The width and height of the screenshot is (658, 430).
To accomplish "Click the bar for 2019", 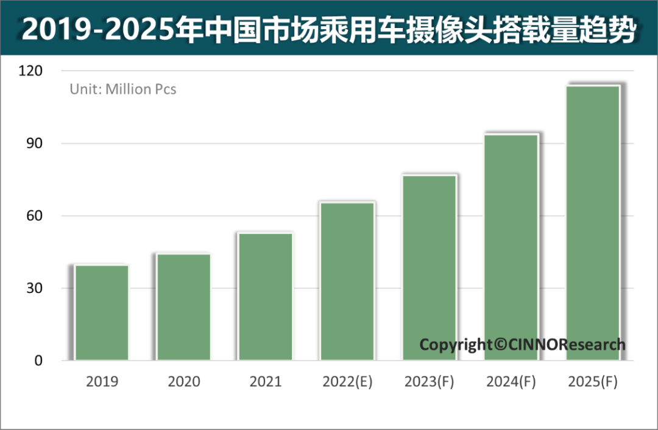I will coord(102,312).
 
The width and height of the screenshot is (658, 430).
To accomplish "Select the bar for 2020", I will coord(183,306).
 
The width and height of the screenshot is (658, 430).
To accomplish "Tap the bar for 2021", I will coord(265,297).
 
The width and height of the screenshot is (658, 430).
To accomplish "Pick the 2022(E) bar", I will coord(347,281).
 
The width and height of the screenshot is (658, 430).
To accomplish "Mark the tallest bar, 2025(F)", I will coord(592,222).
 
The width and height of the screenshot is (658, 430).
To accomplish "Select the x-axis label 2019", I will coord(102,382).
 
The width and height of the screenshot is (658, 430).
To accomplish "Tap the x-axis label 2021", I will coord(265,382).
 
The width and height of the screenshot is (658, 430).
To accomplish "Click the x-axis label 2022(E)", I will coord(347,382).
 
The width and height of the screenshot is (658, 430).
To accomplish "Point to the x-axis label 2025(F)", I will coord(592,382).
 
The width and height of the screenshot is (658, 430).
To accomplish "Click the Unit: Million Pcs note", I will coord(122,89).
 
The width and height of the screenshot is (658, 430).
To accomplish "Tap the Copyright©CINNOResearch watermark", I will coord(522,345).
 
